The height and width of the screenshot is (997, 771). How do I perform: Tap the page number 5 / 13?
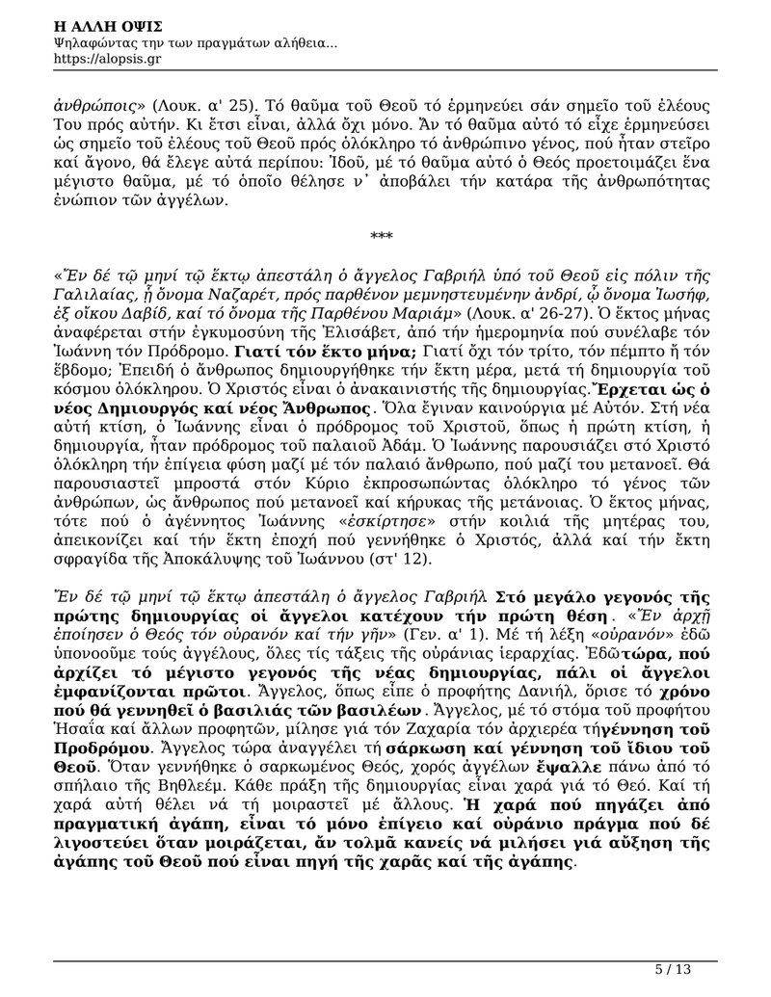[673, 970]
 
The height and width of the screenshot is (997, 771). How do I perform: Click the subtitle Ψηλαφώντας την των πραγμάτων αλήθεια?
[197, 42]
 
